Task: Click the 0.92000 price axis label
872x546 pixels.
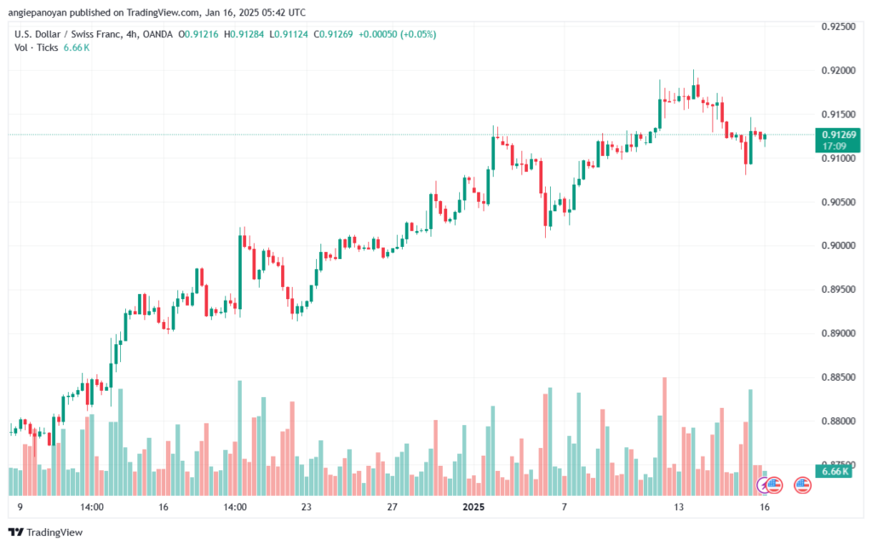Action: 838,70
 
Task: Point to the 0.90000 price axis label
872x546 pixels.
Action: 838,245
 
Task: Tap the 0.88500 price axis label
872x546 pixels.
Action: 838,377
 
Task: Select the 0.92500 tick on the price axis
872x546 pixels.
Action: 838,26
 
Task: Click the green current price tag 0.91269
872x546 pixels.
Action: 839,135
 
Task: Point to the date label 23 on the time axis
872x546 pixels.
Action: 306,507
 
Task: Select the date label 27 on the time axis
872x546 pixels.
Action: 392,507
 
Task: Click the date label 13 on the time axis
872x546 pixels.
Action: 679,507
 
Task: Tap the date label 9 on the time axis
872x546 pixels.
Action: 20,507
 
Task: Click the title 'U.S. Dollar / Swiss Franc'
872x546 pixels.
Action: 67,33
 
